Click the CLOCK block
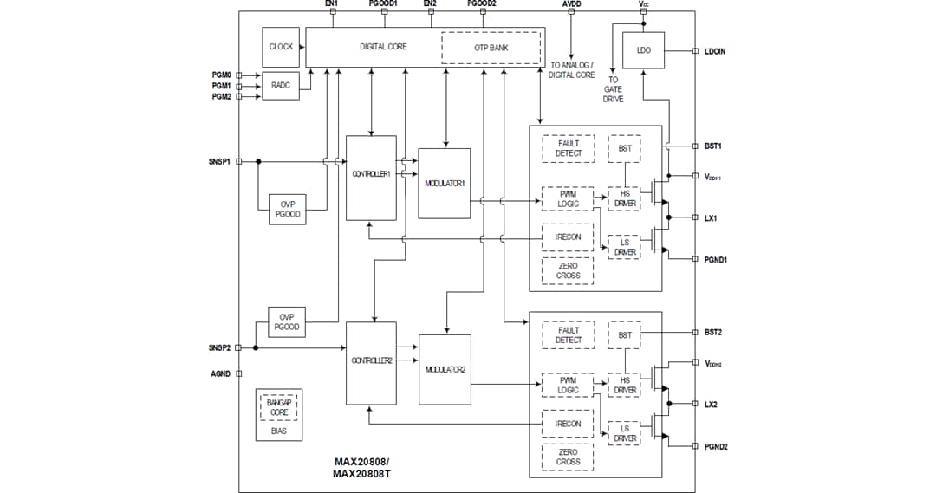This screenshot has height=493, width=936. (x=281, y=47)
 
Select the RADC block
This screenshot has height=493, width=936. (x=280, y=86)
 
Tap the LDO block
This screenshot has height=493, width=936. (x=643, y=50)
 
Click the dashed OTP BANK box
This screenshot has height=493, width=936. (x=491, y=48)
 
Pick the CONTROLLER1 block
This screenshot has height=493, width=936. (x=371, y=174)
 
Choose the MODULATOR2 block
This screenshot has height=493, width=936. (x=445, y=369)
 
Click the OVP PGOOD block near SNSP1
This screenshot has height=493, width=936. (x=287, y=210)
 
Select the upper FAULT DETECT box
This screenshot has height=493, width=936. (x=569, y=148)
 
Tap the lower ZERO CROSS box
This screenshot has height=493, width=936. (x=569, y=457)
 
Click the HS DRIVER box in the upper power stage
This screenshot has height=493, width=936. (x=625, y=199)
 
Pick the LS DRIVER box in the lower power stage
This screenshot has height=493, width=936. (x=625, y=433)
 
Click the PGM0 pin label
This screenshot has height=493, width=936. (x=221, y=75)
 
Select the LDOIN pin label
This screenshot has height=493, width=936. (x=715, y=51)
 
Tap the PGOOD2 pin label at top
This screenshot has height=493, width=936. (x=482, y=4)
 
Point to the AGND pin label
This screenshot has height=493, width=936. (x=220, y=373)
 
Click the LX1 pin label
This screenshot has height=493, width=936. (x=711, y=217)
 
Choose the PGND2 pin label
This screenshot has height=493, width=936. (x=715, y=446)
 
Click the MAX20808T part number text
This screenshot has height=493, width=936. (x=361, y=474)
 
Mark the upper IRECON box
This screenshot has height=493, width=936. (x=569, y=237)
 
